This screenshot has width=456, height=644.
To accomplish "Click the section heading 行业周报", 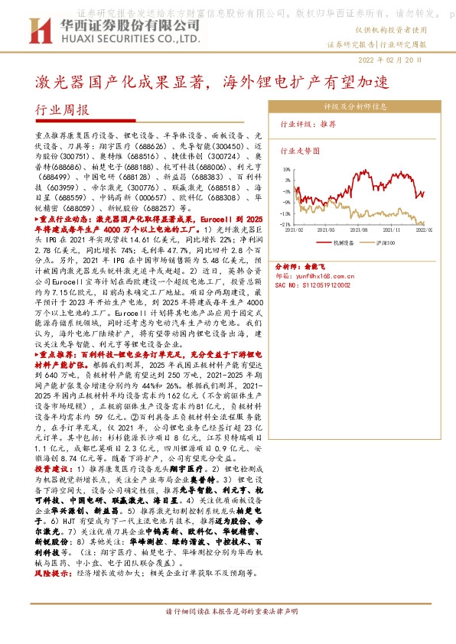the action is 62,109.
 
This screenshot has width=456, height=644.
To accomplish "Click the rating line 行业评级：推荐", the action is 308,123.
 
